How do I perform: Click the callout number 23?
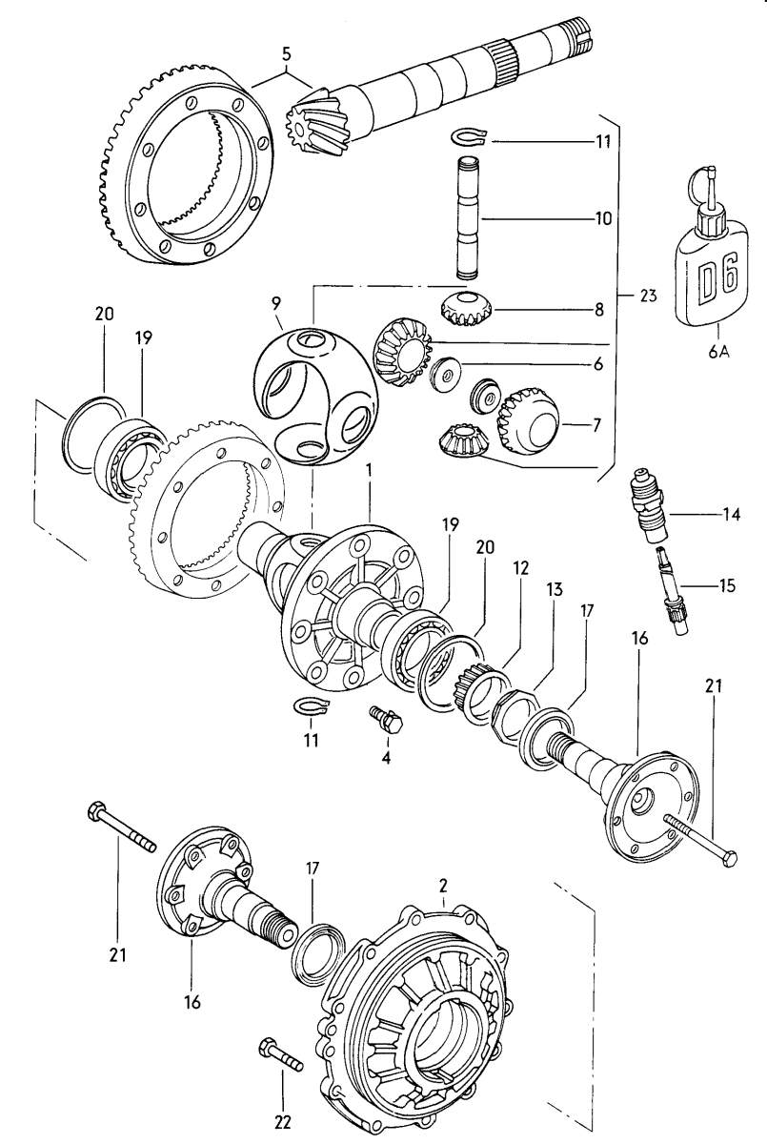[x=648, y=296]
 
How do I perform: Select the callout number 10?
[x=602, y=218]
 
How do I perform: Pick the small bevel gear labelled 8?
[x=467, y=308]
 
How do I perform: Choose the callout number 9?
[x=275, y=306]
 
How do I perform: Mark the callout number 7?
[x=596, y=425]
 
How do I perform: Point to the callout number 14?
[x=730, y=516]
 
